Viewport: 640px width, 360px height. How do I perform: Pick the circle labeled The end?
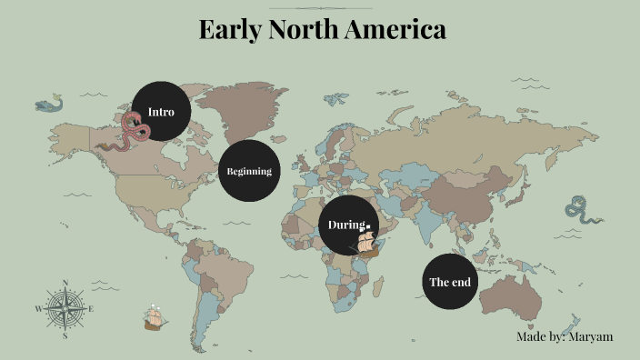(x=450, y=282)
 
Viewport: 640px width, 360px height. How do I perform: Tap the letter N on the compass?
(x=65, y=282)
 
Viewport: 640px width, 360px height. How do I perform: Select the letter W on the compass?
(x=38, y=309)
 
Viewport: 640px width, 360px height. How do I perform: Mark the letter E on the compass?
(x=92, y=309)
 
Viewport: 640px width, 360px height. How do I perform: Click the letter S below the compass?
(x=65, y=335)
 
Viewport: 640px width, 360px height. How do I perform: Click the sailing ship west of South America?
(x=155, y=316)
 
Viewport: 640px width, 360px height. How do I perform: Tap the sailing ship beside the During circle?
(x=367, y=242)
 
